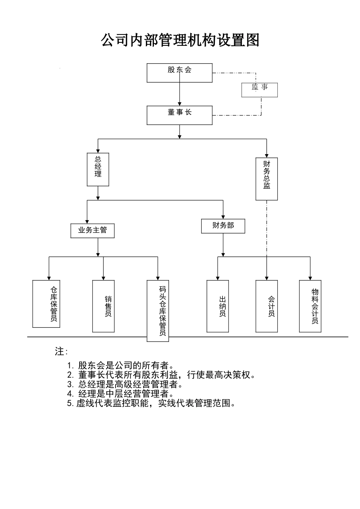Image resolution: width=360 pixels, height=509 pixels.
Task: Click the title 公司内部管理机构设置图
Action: tap(180, 40)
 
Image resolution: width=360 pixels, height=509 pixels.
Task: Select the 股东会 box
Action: tap(179, 73)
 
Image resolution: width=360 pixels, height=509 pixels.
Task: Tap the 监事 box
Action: tap(260, 90)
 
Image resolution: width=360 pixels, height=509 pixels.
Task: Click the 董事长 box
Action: tap(179, 115)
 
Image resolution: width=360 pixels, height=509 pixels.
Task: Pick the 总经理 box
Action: tap(98, 169)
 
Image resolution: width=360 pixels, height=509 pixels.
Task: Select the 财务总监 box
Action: tap(266, 179)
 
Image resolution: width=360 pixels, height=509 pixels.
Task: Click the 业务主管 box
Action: tap(92, 230)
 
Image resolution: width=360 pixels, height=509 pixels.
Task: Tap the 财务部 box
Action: tap(223, 226)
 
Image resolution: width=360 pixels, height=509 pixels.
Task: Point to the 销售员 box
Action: tap(103, 306)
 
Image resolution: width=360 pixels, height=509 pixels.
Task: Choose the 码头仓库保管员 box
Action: tap(158, 311)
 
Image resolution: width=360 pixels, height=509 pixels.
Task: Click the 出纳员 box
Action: tap(218, 306)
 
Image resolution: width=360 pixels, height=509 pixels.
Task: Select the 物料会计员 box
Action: tap(310, 306)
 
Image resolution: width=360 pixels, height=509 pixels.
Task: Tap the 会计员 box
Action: tap(266, 306)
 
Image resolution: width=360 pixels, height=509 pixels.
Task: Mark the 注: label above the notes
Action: tap(61, 351)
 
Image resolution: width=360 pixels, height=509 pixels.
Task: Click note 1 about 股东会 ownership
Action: tap(121, 365)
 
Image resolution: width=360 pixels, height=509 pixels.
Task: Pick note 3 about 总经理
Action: tap(125, 384)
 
